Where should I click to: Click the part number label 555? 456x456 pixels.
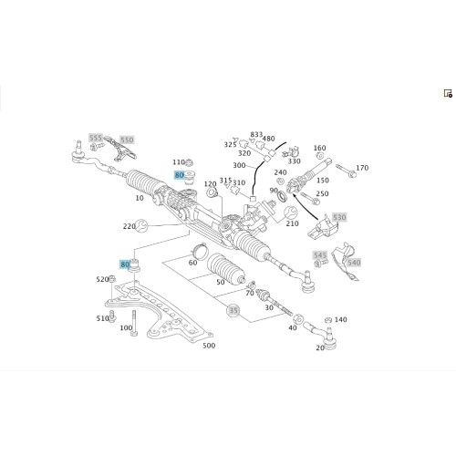(x=96, y=138)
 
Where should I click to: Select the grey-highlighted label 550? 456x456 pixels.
(x=127, y=140)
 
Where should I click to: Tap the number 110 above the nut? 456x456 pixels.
(x=179, y=162)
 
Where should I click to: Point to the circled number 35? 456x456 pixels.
(x=233, y=310)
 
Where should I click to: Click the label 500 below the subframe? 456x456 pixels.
(x=209, y=346)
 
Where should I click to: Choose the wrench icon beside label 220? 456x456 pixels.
(x=141, y=225)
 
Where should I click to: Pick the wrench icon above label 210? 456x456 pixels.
(x=290, y=212)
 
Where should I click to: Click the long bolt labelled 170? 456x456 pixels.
(x=346, y=171)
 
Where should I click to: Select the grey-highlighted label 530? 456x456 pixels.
(x=339, y=217)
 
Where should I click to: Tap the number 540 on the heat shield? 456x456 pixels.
(x=354, y=263)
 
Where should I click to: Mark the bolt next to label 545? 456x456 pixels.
(x=321, y=263)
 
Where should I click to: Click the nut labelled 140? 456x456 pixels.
(x=328, y=320)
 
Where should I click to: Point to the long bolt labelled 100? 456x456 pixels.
(x=134, y=323)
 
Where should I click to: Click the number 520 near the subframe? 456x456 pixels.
(x=102, y=279)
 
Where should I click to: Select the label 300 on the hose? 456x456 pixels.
(x=239, y=165)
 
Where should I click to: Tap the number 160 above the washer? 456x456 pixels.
(x=319, y=148)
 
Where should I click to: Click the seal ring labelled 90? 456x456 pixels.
(x=283, y=196)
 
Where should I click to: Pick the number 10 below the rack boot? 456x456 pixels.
(x=140, y=198)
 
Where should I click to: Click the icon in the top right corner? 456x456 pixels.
(x=448, y=93)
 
